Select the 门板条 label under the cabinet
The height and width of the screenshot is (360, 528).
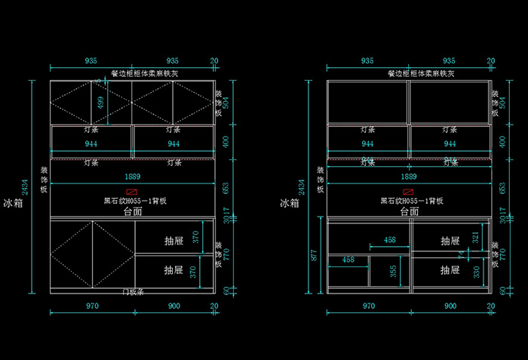(133, 291)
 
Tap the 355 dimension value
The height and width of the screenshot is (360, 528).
(393, 271)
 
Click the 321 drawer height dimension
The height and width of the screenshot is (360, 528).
(475, 238)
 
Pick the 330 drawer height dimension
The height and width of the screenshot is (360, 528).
(475, 270)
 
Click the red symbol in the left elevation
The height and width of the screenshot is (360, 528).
(133, 192)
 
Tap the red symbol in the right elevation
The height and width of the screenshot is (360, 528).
(410, 192)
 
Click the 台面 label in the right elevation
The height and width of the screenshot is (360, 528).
(410, 212)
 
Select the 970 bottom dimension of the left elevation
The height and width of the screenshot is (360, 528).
(92, 306)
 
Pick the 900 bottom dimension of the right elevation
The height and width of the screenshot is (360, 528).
(450, 306)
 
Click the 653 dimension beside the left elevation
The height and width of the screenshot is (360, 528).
(227, 186)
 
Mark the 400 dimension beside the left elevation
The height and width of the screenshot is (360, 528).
(227, 141)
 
